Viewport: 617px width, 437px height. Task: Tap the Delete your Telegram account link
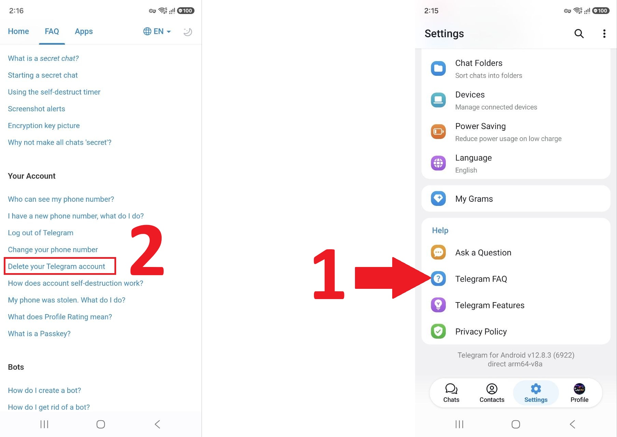pos(56,266)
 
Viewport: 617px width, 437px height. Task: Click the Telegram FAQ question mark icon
pos(438,279)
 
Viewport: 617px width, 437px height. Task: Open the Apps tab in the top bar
pos(84,31)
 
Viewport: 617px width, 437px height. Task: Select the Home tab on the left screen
pos(18,31)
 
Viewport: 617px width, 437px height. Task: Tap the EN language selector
pos(157,31)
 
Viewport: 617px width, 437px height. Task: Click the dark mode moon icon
pos(188,32)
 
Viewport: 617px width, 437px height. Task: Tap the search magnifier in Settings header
pos(579,33)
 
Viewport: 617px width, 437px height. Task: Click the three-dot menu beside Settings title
pos(604,33)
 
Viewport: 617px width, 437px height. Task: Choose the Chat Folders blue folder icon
pos(438,69)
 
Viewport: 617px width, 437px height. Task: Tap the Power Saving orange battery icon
pos(438,132)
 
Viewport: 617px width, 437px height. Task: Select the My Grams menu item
pos(516,199)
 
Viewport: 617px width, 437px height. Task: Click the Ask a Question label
pos(483,253)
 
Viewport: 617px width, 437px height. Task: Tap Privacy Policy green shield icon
pos(438,331)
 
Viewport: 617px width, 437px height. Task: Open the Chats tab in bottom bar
pos(451,393)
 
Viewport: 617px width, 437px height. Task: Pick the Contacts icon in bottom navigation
pos(492,389)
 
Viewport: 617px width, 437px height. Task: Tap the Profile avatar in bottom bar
pos(579,389)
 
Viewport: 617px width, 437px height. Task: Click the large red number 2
pos(147,250)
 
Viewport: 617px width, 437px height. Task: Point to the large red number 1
pos(329,274)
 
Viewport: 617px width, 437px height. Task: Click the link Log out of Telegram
pos(41,233)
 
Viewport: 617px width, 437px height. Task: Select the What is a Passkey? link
pos(39,334)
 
